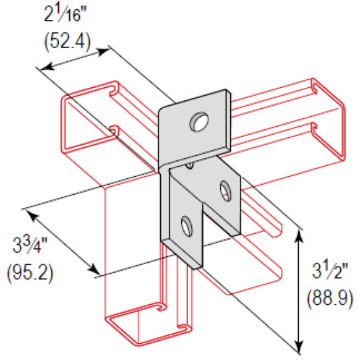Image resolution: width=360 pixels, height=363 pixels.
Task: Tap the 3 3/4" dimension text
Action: (33, 249)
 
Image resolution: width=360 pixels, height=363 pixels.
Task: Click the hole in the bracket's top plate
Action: (198, 121)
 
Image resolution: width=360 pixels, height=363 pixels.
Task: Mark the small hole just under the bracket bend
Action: (190, 164)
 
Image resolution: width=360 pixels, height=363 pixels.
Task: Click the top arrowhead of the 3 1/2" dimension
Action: (300, 232)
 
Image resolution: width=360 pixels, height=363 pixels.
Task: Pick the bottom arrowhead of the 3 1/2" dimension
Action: (300, 348)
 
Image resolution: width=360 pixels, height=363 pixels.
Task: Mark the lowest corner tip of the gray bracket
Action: (196, 268)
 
